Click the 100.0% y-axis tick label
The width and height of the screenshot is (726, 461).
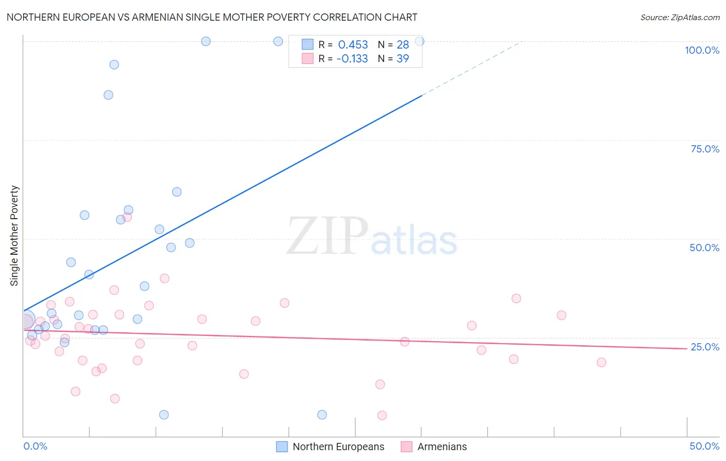(x=702, y=50)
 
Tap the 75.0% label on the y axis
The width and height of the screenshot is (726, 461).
(x=705, y=149)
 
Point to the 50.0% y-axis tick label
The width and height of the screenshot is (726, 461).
(x=704, y=248)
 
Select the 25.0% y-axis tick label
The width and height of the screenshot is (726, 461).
(x=705, y=347)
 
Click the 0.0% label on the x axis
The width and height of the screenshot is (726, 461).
(x=35, y=446)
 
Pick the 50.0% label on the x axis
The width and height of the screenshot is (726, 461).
(x=704, y=446)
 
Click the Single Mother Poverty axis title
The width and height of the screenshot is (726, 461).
(x=14, y=236)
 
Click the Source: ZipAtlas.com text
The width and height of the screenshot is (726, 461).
(x=680, y=18)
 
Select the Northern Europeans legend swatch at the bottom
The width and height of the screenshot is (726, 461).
(x=282, y=447)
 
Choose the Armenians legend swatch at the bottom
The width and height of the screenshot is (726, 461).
(x=407, y=447)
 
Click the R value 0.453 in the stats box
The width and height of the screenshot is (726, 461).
(x=353, y=45)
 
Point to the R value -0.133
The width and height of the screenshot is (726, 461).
(x=352, y=59)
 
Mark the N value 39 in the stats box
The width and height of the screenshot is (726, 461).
(x=403, y=59)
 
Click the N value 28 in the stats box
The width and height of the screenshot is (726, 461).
(x=403, y=45)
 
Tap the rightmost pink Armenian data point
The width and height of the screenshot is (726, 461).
(x=601, y=362)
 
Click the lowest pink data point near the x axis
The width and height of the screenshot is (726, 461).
(x=382, y=416)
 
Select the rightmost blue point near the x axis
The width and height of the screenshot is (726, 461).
(x=322, y=414)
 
